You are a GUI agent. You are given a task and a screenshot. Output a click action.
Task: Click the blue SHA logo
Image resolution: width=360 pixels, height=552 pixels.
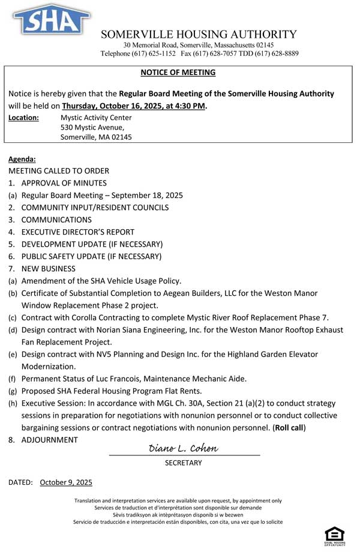[x=51, y=20]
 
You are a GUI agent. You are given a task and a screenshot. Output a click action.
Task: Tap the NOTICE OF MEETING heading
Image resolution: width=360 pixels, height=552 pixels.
[x=178, y=73]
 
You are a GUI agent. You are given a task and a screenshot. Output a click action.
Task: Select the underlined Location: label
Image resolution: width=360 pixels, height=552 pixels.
[x=23, y=118]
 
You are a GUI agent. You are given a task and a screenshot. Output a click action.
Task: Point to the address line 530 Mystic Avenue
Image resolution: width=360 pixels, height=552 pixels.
[x=92, y=127]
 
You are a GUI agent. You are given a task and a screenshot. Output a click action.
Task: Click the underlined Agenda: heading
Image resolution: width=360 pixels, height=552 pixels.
[x=22, y=159]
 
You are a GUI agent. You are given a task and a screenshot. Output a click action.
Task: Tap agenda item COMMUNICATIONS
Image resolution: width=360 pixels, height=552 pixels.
[x=56, y=220]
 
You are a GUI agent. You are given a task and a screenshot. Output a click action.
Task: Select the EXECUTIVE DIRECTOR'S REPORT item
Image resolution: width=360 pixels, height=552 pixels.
[x=77, y=232]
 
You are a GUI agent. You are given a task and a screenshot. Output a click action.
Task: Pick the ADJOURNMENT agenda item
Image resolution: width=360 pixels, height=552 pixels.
[x=49, y=440]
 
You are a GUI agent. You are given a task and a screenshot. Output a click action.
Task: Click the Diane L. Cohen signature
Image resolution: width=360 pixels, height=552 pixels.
[x=183, y=449]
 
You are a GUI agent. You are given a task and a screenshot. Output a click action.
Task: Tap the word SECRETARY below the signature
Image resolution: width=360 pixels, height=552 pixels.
[x=184, y=463]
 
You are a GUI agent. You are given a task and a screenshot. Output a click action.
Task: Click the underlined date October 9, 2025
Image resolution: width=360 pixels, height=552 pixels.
[x=66, y=482]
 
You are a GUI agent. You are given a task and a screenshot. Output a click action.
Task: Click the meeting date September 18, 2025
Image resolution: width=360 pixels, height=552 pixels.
[x=147, y=195]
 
